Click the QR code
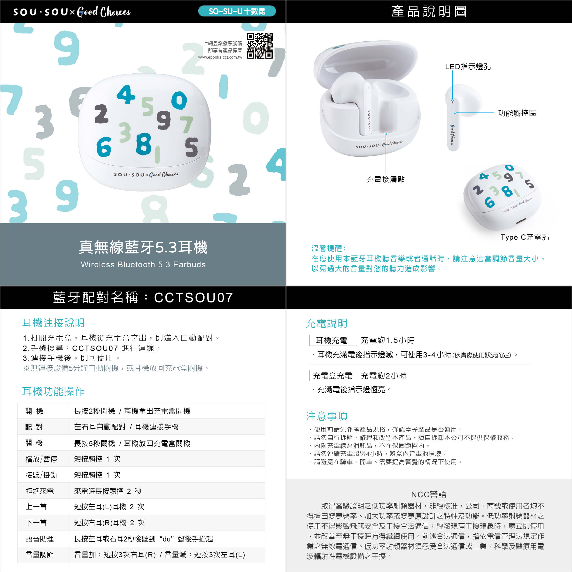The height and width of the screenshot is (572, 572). click(x=260, y=46)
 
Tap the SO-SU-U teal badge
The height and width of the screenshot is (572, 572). click(x=237, y=11)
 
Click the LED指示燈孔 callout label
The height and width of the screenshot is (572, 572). click(x=468, y=67)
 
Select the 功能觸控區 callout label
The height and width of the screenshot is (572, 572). click(x=517, y=113)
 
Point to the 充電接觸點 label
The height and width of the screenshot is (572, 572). click(x=386, y=179)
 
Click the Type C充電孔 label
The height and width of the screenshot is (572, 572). click(x=525, y=237)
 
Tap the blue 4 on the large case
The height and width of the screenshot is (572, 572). click(x=126, y=94)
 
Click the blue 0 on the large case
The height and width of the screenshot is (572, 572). click(x=179, y=100)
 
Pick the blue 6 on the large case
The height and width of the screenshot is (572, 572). click(x=104, y=147)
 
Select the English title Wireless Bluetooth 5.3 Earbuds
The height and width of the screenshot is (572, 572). click(x=143, y=264)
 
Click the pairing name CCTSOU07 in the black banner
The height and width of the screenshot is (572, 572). click(x=194, y=298)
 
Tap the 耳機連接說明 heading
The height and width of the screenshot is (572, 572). click(x=53, y=323)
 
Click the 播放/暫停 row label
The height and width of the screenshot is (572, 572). click(x=41, y=459)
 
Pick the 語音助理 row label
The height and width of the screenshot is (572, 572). click(x=40, y=539)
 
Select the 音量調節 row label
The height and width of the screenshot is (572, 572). click(x=40, y=555)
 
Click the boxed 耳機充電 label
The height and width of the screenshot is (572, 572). click(x=333, y=340)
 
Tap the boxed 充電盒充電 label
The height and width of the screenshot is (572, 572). click(x=333, y=376)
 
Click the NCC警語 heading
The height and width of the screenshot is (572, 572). click(x=429, y=495)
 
